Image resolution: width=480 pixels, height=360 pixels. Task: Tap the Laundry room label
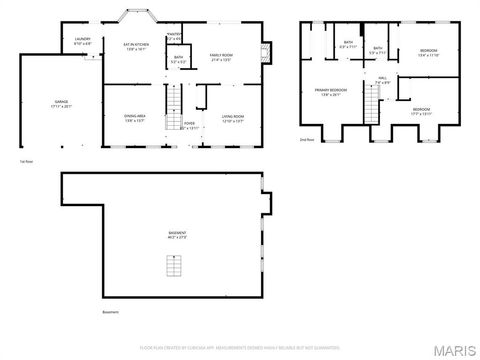coord(83,41)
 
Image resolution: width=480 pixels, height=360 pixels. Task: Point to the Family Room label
coord(220,58)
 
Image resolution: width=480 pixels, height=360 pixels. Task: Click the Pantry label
coord(174,37)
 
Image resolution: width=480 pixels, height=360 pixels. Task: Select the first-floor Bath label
coord(177,60)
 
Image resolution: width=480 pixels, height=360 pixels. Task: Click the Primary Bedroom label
coord(330,93)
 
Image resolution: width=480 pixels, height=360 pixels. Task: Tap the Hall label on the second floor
coord(383,79)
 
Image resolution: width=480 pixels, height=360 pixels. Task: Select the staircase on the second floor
coord(373,103)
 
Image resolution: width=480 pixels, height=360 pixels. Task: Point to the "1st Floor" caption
coord(26,160)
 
